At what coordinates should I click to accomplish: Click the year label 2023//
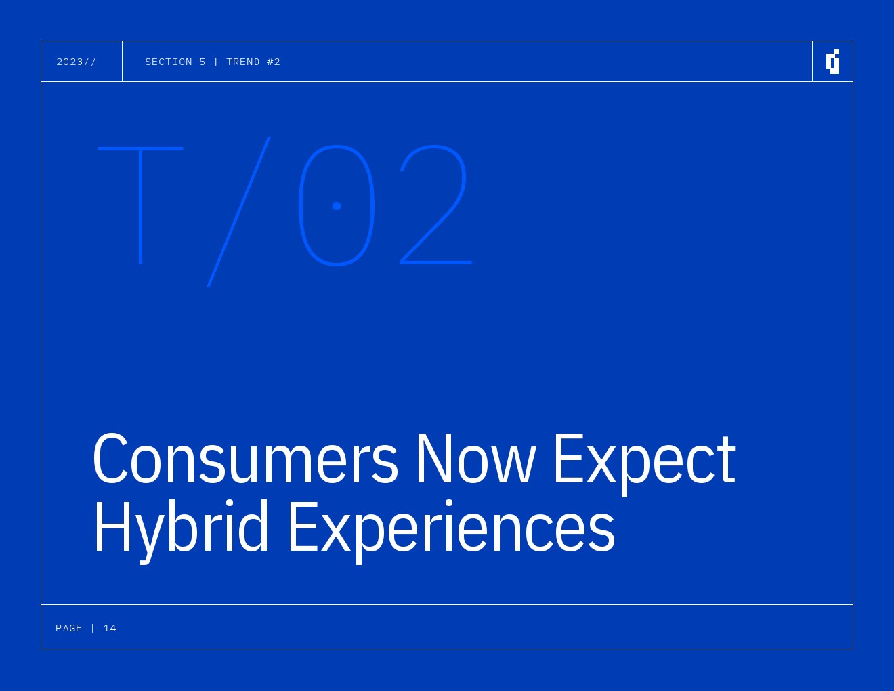coord(76,62)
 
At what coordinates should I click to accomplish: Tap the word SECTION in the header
coord(168,62)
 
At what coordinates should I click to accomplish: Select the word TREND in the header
coord(242,62)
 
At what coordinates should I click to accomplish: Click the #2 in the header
coord(273,62)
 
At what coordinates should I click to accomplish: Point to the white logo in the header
coord(832,62)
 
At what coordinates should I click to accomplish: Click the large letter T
coord(141,206)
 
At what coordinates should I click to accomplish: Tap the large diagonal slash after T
coord(238,212)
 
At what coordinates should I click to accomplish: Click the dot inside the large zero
coord(337,206)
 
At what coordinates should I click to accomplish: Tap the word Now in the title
coord(476,459)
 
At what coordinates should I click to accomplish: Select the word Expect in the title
coord(645,464)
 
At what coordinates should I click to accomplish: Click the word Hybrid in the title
coord(182,531)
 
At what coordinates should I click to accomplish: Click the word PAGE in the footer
coord(68,628)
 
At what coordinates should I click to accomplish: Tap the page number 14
coord(110,628)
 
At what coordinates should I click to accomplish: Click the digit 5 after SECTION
coord(203,62)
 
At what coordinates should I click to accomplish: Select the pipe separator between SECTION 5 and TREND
coord(216,62)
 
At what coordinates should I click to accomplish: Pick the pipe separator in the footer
coord(93,628)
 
